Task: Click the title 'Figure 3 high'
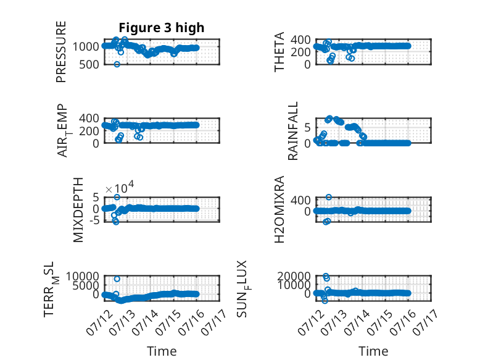coord(161,28)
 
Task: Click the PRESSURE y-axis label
coord(61,52)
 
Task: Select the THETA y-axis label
coord(279,52)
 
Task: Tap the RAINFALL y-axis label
coord(293,131)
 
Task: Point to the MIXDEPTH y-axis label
coord(78,210)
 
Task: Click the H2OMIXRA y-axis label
coord(279,209)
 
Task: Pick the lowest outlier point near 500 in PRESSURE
coord(117,64)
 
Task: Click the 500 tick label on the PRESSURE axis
coord(89,65)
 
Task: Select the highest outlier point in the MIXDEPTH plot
coord(117,197)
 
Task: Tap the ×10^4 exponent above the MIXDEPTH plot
coord(120,187)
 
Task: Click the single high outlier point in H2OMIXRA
coord(329,197)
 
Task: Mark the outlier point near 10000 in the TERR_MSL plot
coord(117,279)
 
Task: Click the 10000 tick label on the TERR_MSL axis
coord(82,277)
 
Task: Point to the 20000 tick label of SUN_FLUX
coord(294,277)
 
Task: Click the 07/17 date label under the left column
coord(214,322)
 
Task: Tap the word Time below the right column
coord(373,351)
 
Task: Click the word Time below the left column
coord(162,351)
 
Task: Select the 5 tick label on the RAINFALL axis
coord(308,127)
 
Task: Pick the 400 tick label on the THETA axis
coord(300,40)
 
